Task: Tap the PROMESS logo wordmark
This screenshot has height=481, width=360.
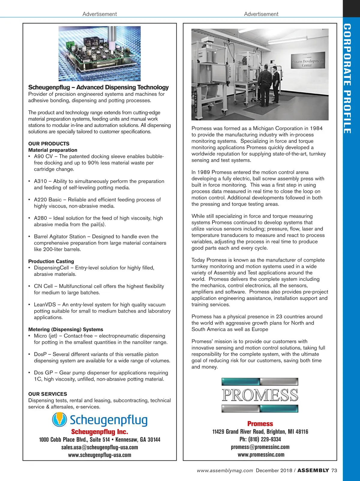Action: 260,395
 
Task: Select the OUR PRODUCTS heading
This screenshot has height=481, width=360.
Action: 49,144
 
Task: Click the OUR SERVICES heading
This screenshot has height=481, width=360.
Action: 48,394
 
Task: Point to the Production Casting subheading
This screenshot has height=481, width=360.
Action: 51,261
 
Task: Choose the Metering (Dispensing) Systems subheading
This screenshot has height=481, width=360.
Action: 66,329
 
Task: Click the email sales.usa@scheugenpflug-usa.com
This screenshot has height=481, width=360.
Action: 100,447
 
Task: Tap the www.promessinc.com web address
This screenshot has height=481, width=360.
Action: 261,455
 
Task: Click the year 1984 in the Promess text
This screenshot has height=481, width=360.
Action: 316,128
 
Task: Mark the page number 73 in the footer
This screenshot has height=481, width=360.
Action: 334,470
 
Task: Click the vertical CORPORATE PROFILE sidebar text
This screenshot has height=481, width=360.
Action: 347,79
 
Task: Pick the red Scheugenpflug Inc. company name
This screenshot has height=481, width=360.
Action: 100,432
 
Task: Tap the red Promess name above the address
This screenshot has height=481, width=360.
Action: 260,424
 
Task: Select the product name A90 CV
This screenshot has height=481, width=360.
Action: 43,156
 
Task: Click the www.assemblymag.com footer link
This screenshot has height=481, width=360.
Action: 225,470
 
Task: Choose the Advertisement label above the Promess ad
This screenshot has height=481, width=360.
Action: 261,14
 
